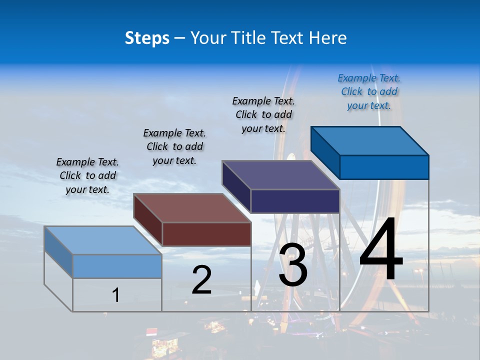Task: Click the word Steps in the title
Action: click(147, 38)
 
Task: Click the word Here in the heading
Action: click(327, 38)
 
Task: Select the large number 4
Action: click(381, 250)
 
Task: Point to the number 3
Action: click(293, 265)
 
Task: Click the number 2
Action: click(201, 280)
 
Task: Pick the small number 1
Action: click(116, 295)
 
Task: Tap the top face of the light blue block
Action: click(102, 240)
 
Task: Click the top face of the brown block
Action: click(192, 208)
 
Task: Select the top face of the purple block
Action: click(281, 175)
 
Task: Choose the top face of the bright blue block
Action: click(370, 140)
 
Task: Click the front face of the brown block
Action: click(206, 234)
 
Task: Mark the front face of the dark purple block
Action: click(295, 201)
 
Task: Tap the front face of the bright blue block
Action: click(384, 167)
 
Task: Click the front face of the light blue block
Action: click(117, 266)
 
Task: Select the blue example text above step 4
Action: click(369, 91)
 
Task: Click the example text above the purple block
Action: click(263, 114)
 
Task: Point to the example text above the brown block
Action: click(174, 146)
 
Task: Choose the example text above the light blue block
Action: click(87, 175)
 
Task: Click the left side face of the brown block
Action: click(148, 220)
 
